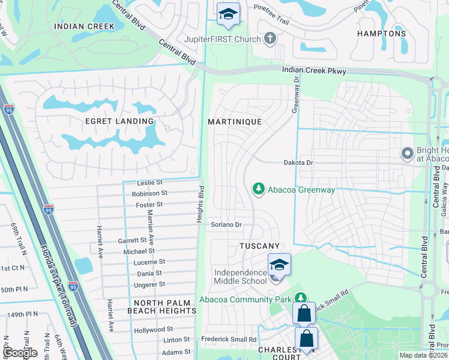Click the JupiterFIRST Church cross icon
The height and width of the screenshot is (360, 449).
pos(270,39)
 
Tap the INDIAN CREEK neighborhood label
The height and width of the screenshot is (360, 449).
pos(84,26)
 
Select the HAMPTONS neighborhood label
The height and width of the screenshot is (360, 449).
pos(381,34)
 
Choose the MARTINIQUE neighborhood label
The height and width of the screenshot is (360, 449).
pos(235,121)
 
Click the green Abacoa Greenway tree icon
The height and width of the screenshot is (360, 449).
pos(258,190)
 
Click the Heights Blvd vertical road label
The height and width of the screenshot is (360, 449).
pos(201,205)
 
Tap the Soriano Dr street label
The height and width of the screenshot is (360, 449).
pos(226,225)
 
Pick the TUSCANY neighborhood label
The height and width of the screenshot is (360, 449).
pos(260,246)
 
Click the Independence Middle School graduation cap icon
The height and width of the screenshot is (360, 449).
pos(279,264)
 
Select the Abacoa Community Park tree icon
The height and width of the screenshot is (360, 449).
pos(300,298)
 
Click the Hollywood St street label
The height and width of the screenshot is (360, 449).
pos(154,329)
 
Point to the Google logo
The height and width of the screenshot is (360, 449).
pos(21,353)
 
